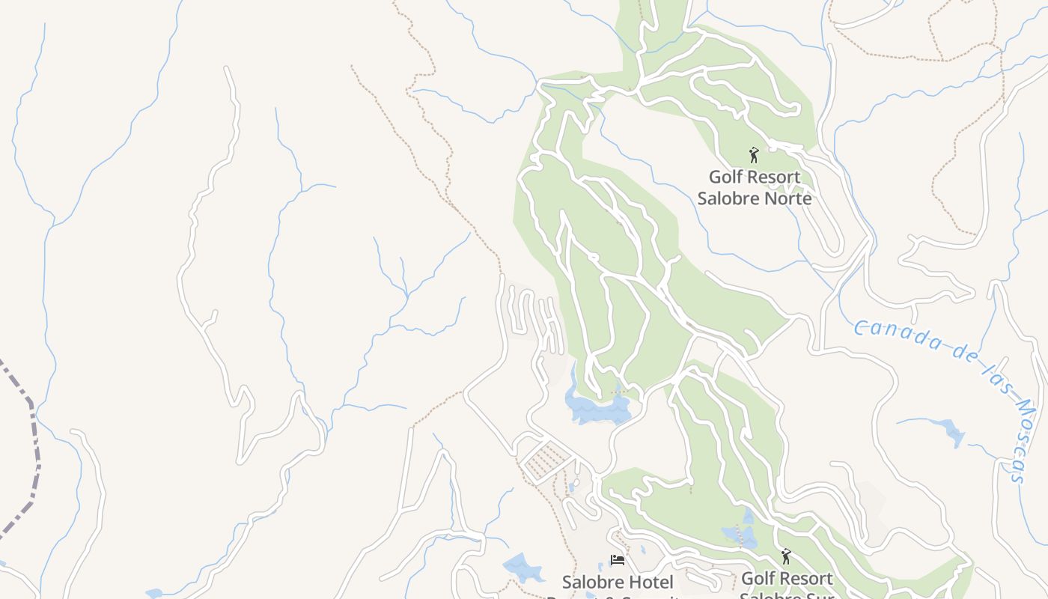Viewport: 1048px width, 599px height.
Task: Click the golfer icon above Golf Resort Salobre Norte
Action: coord(754,155)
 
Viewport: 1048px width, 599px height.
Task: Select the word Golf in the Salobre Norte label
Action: coord(725,177)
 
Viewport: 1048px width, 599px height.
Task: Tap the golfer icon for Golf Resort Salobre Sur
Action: coord(785,556)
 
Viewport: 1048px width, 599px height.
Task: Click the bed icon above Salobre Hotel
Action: coord(618,560)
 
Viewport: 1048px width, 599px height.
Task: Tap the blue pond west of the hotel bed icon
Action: coord(523,567)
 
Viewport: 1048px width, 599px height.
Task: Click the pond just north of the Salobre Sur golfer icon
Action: coord(740,534)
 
